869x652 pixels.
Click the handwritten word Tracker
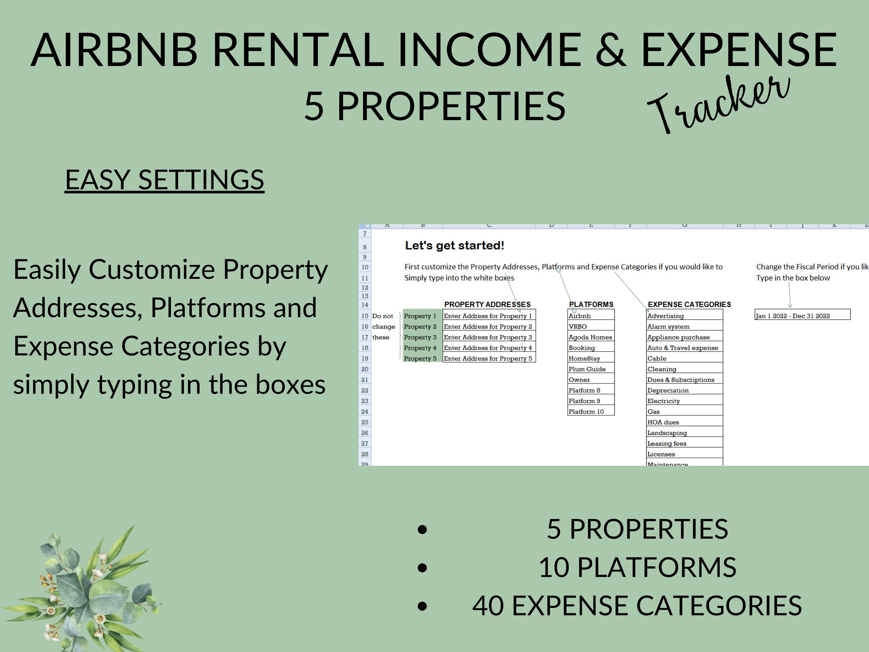pos(719,104)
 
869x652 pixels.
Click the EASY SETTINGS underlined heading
pos(164,180)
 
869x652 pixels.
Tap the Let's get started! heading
pos(454,246)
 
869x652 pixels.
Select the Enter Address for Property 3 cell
pos(489,337)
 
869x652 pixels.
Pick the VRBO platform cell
pos(591,326)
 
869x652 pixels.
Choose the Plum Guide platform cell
pos(591,369)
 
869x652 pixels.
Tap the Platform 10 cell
pos(591,411)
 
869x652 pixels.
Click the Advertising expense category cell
pos(684,316)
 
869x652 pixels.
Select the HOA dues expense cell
pos(684,422)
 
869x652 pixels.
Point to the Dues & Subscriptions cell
pos(684,380)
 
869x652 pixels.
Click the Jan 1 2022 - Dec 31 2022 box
pos(802,316)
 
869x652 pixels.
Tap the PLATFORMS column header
pos(591,305)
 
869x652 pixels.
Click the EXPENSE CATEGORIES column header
pos(689,305)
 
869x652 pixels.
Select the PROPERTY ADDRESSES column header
pos(487,305)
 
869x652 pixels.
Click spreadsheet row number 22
pos(365,390)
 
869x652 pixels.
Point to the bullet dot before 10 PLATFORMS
pos(422,568)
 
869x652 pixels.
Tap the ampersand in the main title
pos(611,50)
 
